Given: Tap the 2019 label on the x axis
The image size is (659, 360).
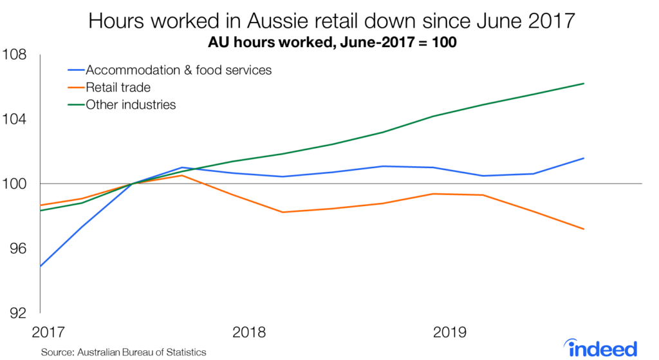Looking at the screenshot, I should pos(449,333).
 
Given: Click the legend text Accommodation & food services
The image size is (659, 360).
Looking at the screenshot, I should pos(178,70).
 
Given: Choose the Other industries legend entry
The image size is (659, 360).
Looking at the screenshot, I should pos(131,104).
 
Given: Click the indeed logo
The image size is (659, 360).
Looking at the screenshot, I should pos(603,347).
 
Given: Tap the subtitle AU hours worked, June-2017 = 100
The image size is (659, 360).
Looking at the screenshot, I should pos(330,44).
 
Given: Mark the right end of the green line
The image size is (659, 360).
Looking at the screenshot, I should pos(583,83).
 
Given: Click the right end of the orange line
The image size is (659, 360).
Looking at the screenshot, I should pos(583,229).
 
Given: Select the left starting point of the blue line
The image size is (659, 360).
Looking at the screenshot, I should pos(41,265).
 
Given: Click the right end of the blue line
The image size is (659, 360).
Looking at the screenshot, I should pos(583,158).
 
